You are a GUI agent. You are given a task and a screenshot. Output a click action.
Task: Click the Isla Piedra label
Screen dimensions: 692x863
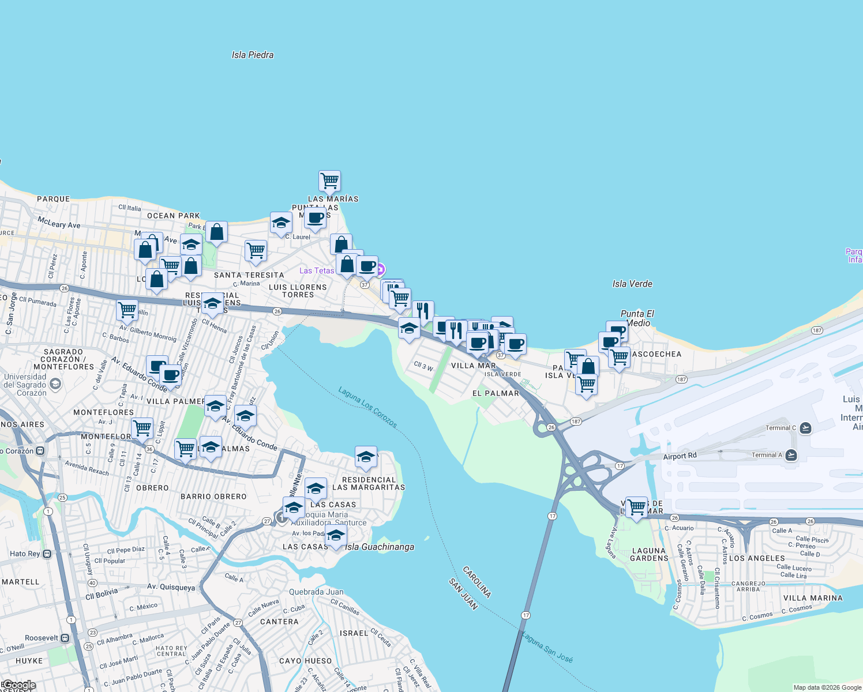(x=253, y=55)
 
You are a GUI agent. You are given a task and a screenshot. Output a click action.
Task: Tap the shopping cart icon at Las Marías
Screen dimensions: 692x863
(x=329, y=181)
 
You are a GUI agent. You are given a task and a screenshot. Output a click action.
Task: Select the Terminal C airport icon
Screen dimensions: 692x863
(x=806, y=428)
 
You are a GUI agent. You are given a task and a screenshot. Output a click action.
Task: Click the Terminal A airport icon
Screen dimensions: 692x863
(x=791, y=455)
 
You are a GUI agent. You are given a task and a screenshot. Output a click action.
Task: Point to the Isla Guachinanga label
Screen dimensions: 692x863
(x=380, y=547)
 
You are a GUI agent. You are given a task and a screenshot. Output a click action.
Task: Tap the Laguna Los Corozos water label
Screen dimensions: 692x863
(x=367, y=407)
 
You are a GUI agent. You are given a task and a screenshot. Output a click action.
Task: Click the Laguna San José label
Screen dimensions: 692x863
(x=547, y=647)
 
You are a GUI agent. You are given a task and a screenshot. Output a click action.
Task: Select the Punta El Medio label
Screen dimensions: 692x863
(x=637, y=318)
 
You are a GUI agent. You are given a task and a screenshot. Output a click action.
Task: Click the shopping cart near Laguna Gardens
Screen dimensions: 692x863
(x=636, y=508)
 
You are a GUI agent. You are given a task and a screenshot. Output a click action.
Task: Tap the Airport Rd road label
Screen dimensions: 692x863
(x=680, y=456)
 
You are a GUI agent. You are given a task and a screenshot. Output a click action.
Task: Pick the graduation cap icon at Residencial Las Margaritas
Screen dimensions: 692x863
(x=366, y=457)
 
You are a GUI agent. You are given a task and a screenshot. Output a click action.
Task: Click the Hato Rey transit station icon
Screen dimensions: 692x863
(x=47, y=554)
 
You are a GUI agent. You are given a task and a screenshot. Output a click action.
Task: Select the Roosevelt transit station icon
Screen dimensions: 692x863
(x=65, y=638)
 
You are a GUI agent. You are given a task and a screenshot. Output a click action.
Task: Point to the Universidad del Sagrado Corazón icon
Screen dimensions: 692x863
(x=55, y=383)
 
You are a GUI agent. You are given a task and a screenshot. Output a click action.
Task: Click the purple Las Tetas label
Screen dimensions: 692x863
(x=317, y=270)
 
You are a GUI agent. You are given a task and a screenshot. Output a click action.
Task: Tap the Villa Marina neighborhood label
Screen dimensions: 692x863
(x=813, y=598)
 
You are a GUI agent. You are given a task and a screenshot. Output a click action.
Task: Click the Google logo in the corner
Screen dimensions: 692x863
(x=19, y=685)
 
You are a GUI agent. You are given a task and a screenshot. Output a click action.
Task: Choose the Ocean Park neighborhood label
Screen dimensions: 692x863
(x=173, y=216)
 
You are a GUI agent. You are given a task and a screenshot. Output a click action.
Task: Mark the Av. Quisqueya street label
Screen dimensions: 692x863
(x=171, y=587)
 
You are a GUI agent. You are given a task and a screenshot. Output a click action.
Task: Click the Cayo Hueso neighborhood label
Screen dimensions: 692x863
(x=305, y=661)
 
